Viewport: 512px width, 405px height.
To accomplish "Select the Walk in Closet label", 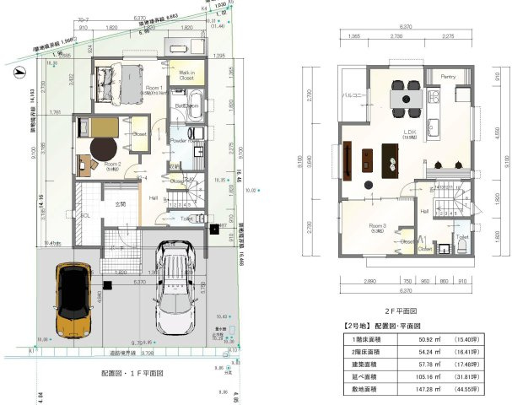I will pyautogui.click(x=186, y=76).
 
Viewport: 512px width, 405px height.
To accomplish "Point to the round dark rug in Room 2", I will pyautogui.click(x=92, y=154).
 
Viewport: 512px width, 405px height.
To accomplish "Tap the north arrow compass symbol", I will pyautogui.click(x=18, y=73).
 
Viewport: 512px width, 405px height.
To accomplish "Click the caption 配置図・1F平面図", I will pyautogui.click(x=132, y=372).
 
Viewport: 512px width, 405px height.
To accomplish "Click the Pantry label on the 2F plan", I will pyautogui.click(x=447, y=78).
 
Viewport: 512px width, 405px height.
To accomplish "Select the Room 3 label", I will pyautogui.click(x=378, y=226).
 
